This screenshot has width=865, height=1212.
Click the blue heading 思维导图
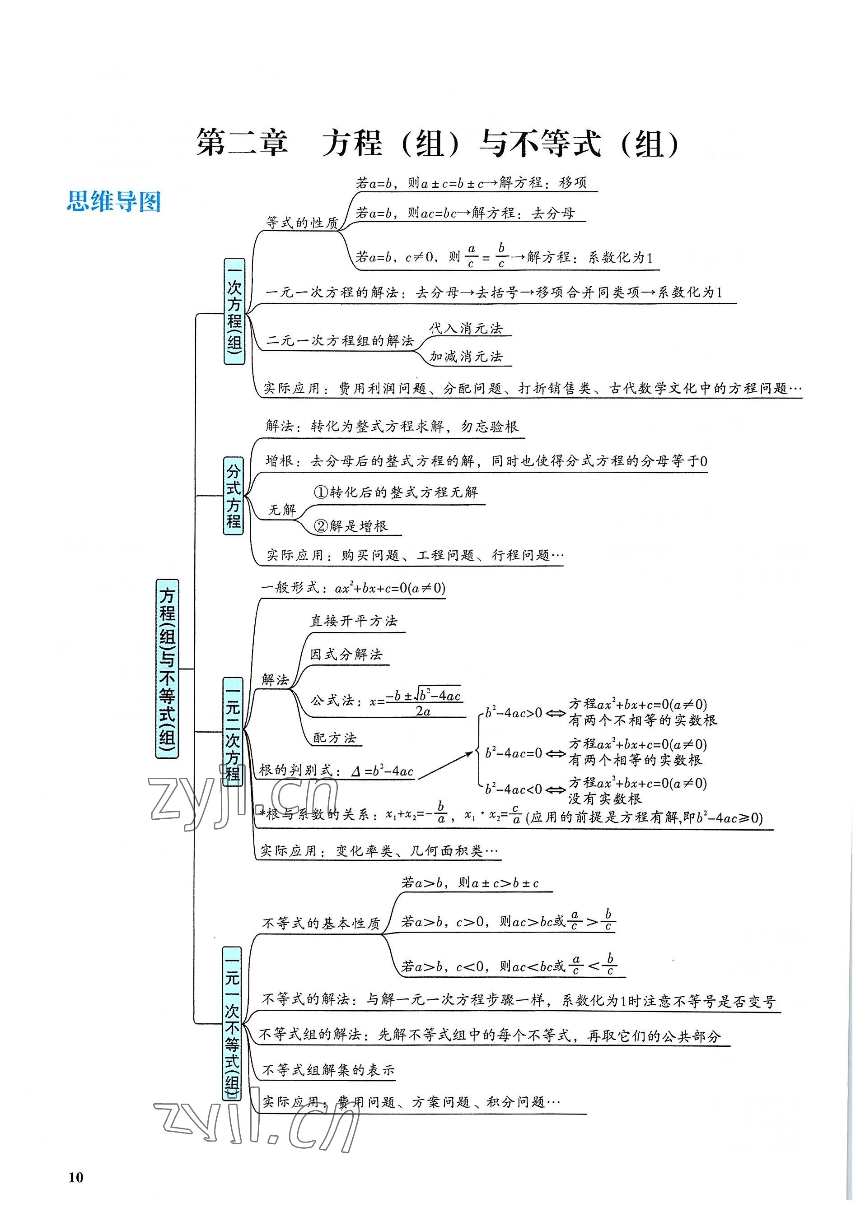(x=113, y=202)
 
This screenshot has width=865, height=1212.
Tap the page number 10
(x=76, y=1177)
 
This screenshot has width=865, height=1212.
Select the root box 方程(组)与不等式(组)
(x=167, y=669)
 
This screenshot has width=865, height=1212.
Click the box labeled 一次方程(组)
(x=234, y=311)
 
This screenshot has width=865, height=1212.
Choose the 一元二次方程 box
(x=233, y=732)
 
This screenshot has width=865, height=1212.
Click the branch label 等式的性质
(x=302, y=223)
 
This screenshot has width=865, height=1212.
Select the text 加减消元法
(x=466, y=356)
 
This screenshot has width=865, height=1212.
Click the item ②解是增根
(x=351, y=526)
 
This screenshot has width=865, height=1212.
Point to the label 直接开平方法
(x=354, y=621)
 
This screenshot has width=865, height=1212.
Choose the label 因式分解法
(x=346, y=654)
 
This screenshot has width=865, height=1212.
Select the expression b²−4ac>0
(x=514, y=712)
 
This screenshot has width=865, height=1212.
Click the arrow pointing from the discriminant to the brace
(x=445, y=765)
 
